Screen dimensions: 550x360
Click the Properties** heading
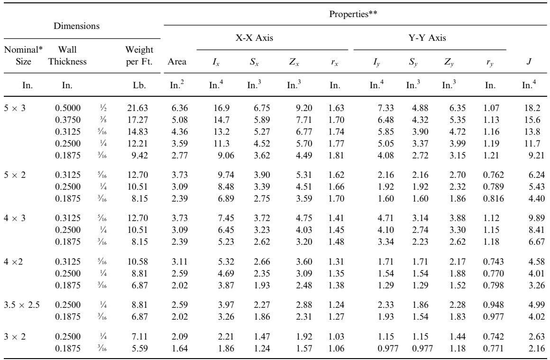click(x=353, y=14)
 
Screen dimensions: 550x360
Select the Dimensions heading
click(x=76, y=26)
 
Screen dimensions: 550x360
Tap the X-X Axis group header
click(x=254, y=38)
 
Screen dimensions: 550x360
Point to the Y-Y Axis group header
click(x=427, y=38)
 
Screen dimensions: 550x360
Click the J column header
click(x=529, y=62)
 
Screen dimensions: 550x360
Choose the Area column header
click(x=177, y=62)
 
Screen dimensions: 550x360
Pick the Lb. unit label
click(x=139, y=85)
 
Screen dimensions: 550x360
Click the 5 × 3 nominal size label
click(x=15, y=108)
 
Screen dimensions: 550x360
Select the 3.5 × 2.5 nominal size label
click(x=22, y=305)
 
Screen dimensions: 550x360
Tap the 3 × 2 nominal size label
click(x=15, y=337)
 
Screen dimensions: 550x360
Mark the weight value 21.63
click(x=137, y=108)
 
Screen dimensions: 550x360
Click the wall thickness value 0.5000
click(x=68, y=108)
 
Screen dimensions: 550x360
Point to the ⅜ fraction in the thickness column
click(x=103, y=120)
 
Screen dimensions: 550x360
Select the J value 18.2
click(x=532, y=108)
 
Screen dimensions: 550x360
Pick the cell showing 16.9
click(x=222, y=108)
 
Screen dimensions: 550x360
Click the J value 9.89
click(x=537, y=218)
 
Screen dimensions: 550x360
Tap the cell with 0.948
click(x=494, y=305)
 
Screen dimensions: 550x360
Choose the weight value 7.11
click(x=139, y=337)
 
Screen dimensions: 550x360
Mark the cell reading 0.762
click(x=494, y=175)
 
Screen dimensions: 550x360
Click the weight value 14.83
click(x=137, y=132)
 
